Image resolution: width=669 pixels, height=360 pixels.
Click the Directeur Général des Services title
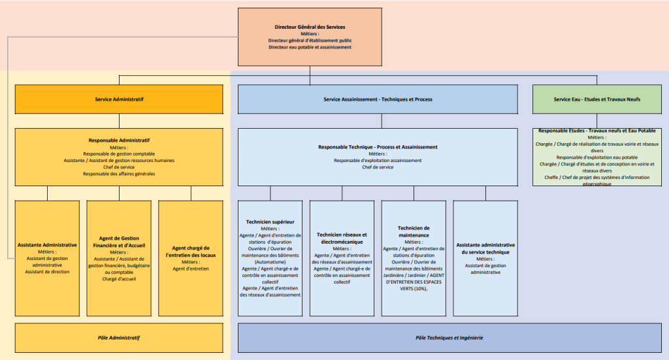pos(310,27)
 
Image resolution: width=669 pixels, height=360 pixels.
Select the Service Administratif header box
pos(119,99)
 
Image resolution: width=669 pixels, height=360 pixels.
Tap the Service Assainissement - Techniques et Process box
pos(378,99)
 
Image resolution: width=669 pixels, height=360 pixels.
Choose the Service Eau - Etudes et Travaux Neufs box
pos(596,99)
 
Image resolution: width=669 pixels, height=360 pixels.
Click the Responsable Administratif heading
pos(119,140)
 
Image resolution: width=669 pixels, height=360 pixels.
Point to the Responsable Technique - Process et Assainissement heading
pos(378,147)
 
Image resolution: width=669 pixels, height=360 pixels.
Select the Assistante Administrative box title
pos(47,245)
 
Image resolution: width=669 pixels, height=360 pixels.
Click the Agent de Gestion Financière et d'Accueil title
pos(119,242)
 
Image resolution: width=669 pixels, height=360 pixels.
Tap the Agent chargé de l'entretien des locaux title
pos(191,252)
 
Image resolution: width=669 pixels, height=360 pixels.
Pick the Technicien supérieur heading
pos(270,222)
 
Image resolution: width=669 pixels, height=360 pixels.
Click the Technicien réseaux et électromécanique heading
pos(342,238)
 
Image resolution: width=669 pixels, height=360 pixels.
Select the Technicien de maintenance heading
pos(414,231)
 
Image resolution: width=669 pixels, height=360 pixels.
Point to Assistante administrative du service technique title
pos(485,248)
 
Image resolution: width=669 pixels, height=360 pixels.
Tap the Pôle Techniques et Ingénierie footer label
pos(449,338)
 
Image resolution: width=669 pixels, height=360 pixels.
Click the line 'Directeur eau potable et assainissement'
pos(310,47)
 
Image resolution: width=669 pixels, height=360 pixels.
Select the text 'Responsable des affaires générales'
pos(119,174)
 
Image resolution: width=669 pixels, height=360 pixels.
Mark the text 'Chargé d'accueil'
pos(119,279)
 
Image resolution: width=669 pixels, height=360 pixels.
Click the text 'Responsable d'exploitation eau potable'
pos(596,157)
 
